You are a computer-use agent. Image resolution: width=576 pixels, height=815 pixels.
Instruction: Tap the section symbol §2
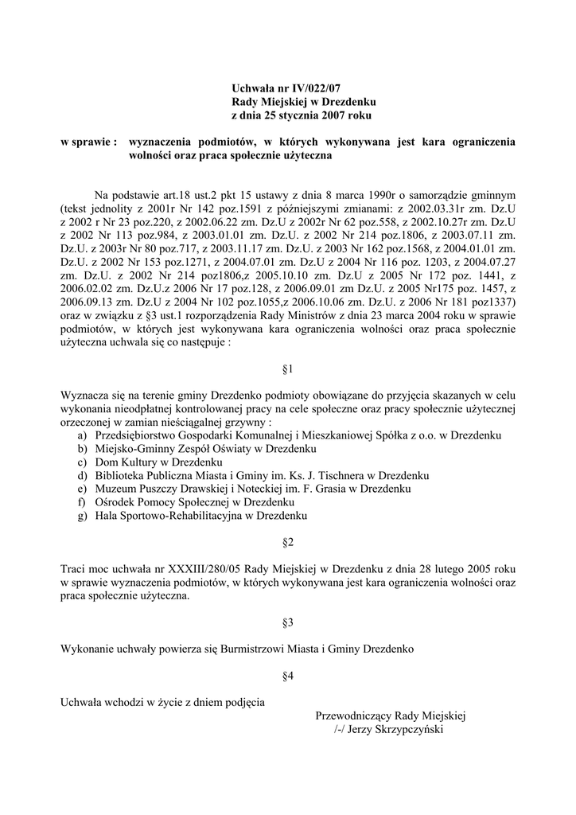coord(288,543)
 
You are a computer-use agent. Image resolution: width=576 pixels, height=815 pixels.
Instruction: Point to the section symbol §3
coord(288,622)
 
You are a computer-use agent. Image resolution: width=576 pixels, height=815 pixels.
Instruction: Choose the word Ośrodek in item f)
coord(115,503)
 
